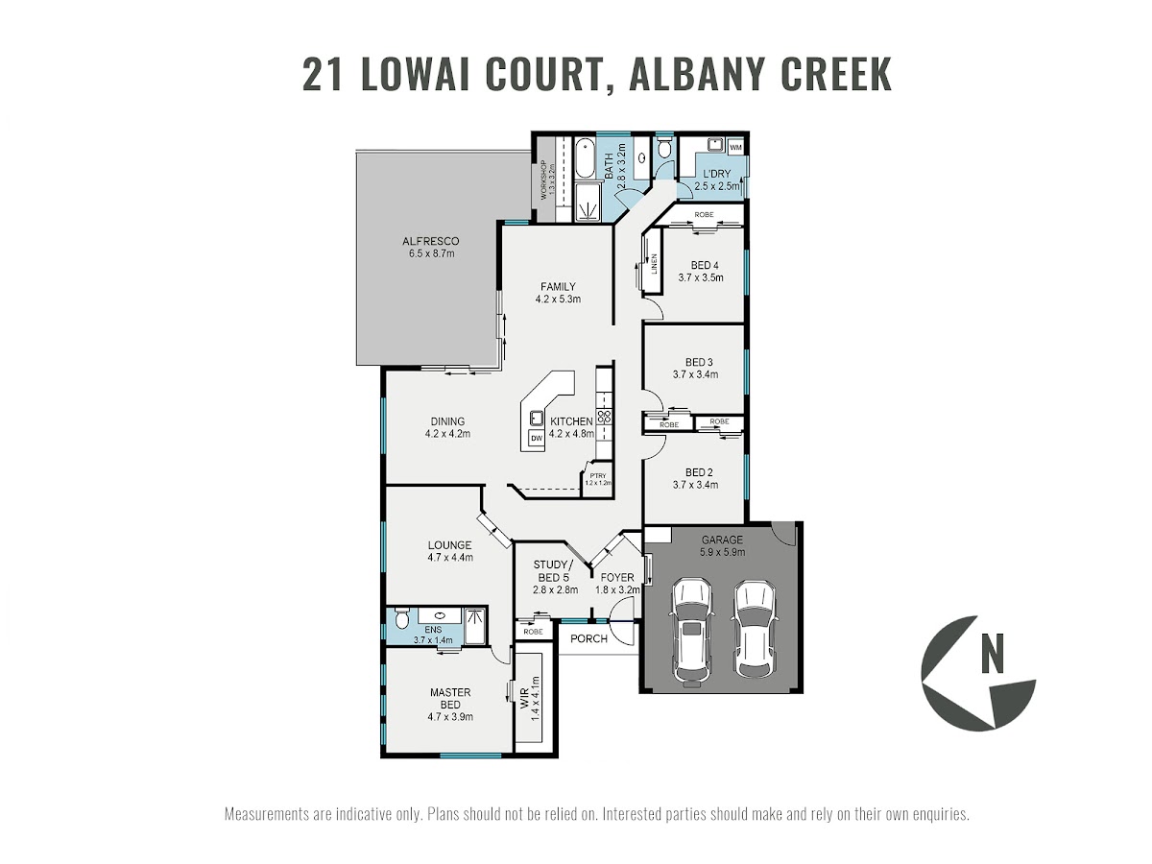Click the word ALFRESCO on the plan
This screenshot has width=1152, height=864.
pyautogui.click(x=430, y=241)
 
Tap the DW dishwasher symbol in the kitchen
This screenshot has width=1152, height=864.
pyautogui.click(x=536, y=439)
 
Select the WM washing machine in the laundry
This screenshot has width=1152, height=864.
pyautogui.click(x=735, y=148)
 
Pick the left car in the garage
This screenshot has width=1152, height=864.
pyautogui.click(x=691, y=632)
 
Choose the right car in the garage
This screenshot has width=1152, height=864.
pyautogui.click(x=754, y=629)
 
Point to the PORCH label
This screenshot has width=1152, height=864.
pyautogui.click(x=588, y=639)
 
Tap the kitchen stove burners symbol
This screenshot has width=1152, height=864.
pyautogui.click(x=606, y=417)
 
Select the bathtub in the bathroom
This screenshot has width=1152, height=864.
pyautogui.click(x=585, y=158)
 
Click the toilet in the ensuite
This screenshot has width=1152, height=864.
pyautogui.click(x=401, y=620)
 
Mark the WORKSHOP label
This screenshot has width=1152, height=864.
pyautogui.click(x=542, y=180)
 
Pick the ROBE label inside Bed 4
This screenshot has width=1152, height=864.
pyautogui.click(x=704, y=214)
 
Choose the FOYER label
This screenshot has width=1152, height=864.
pyautogui.click(x=616, y=577)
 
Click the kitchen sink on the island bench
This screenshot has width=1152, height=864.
pyautogui.click(x=535, y=418)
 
